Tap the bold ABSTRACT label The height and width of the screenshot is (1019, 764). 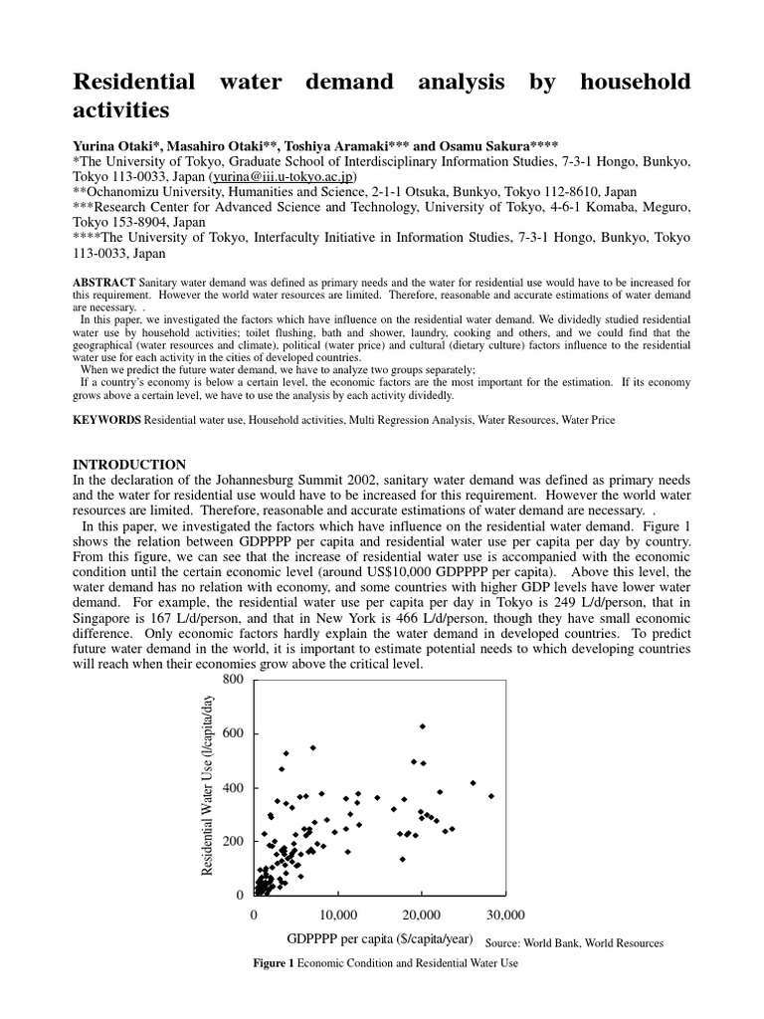[x=104, y=283]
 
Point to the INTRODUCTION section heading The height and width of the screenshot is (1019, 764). [x=129, y=464]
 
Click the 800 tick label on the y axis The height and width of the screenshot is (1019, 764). [x=232, y=680]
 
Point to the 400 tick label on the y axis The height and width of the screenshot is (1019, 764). [x=232, y=788]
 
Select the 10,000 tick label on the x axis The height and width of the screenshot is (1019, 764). [x=338, y=915]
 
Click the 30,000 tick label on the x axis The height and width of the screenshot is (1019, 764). [x=505, y=915]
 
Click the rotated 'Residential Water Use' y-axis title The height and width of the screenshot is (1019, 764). [x=209, y=786]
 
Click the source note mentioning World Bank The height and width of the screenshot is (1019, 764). [x=574, y=942]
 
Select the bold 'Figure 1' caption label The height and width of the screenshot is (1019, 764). [x=275, y=963]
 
